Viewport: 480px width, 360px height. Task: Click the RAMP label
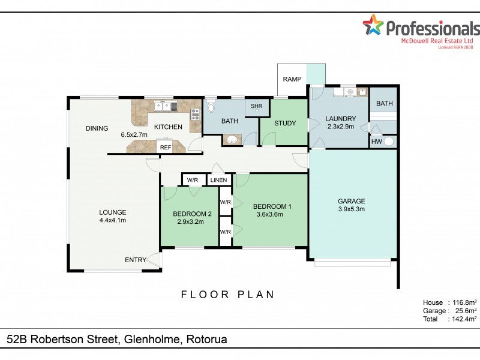(x=292, y=79)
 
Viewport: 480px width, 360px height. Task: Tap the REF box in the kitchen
(x=166, y=147)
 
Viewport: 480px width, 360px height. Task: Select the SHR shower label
(x=257, y=106)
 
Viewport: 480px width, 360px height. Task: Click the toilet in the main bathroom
(x=211, y=106)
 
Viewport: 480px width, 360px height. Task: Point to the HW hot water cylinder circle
(x=388, y=142)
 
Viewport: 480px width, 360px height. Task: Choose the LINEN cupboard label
(x=218, y=180)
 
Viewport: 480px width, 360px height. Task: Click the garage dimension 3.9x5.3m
(x=352, y=209)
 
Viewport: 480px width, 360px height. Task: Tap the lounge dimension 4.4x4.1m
(x=113, y=220)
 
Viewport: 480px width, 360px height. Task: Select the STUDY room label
(x=285, y=123)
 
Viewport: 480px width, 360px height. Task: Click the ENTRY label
(x=136, y=260)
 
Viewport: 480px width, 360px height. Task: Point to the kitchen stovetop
(x=196, y=114)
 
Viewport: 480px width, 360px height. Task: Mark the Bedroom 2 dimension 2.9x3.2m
(x=190, y=221)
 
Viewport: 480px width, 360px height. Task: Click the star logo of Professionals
(x=373, y=25)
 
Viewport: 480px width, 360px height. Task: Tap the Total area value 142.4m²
(x=462, y=319)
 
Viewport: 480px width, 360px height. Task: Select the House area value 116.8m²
(x=462, y=302)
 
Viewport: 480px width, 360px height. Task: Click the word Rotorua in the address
(x=207, y=339)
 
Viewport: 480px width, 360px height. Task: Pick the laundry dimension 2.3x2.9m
(x=341, y=127)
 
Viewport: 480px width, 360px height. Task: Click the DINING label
(x=97, y=128)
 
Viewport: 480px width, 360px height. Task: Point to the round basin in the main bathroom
(x=232, y=140)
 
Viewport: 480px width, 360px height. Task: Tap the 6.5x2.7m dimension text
(x=134, y=134)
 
